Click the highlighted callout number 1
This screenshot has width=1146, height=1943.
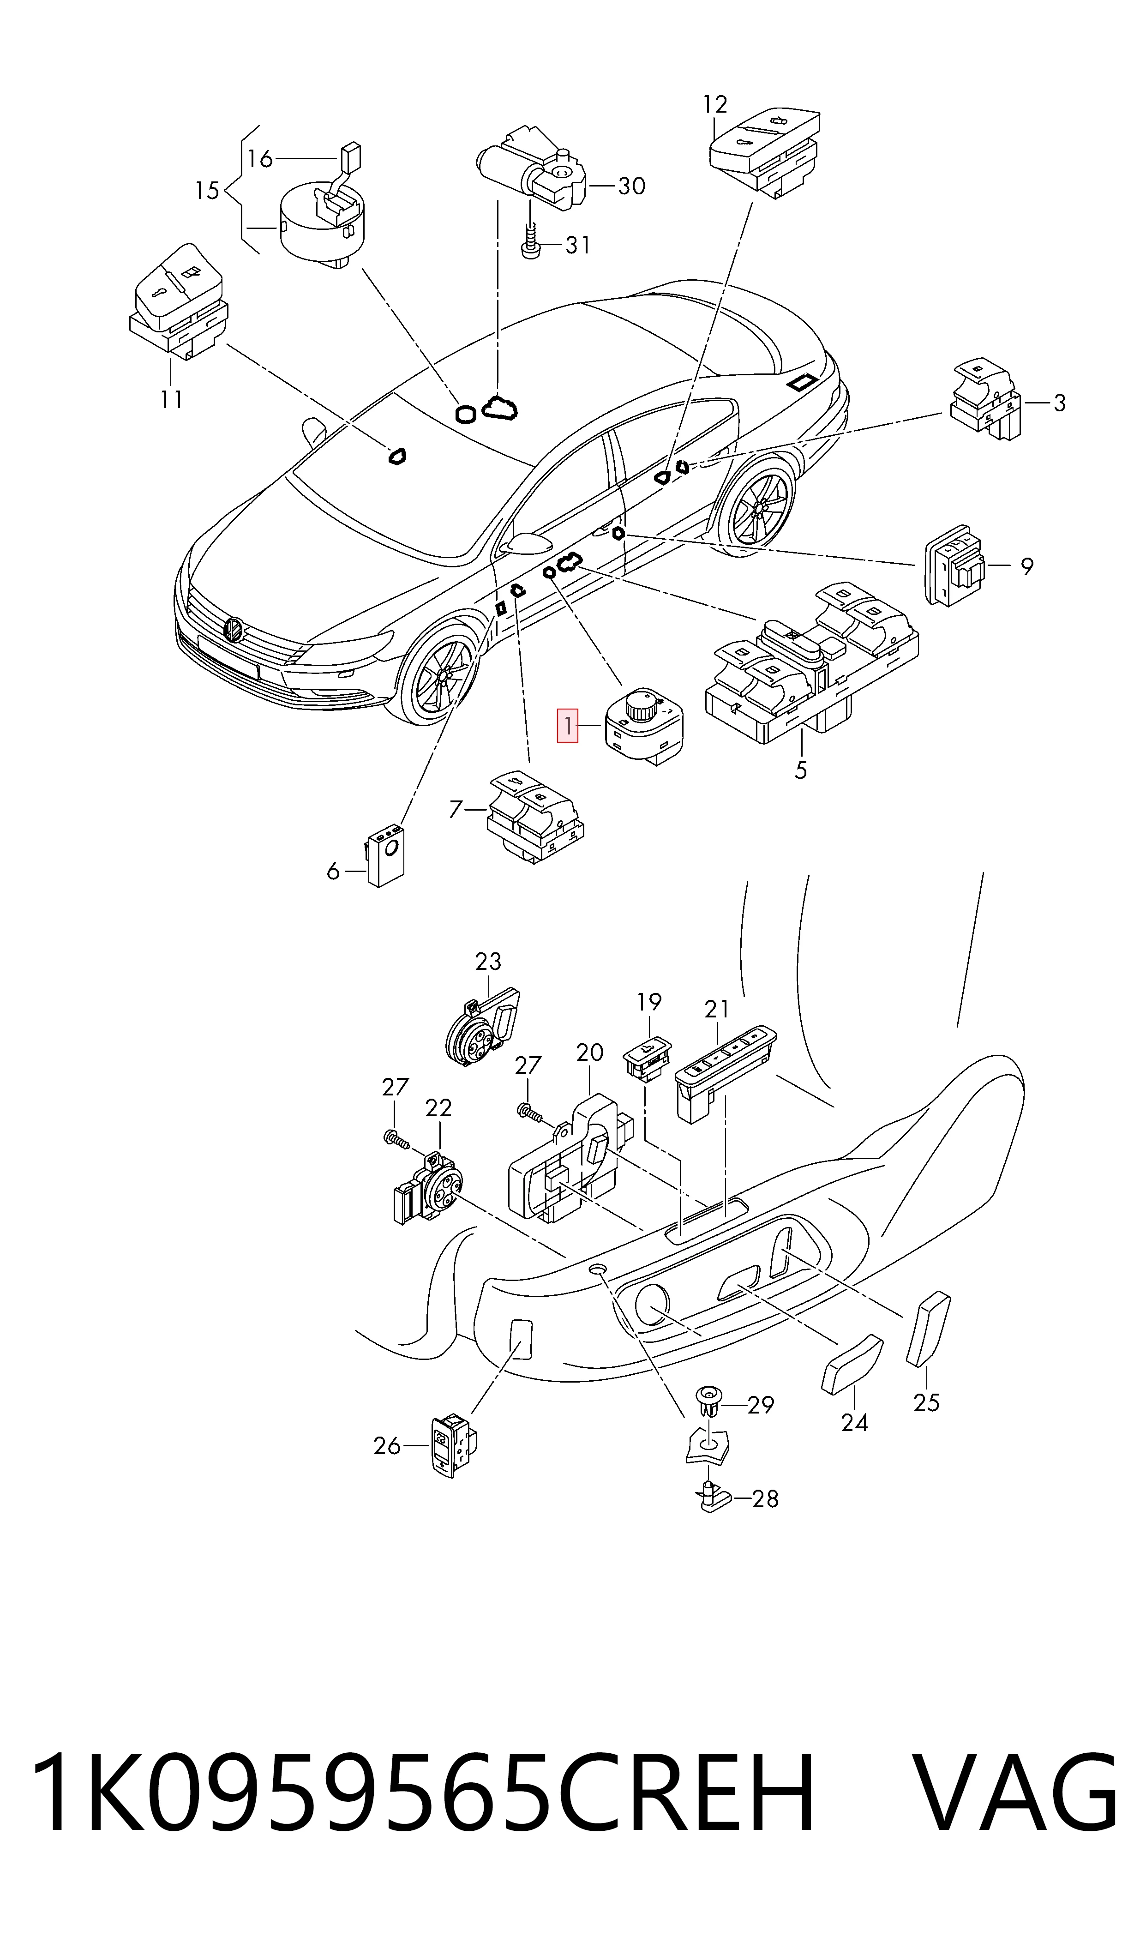tap(568, 726)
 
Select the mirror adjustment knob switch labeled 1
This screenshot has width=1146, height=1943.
tap(643, 726)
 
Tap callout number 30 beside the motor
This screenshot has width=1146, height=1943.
tap(632, 186)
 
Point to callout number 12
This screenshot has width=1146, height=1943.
tap(715, 104)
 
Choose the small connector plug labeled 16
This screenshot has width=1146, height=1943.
tap(350, 158)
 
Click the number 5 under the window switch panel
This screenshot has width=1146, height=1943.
tap(801, 770)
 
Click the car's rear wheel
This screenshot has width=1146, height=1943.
tap(757, 506)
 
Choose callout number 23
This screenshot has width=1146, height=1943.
tap(488, 962)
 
